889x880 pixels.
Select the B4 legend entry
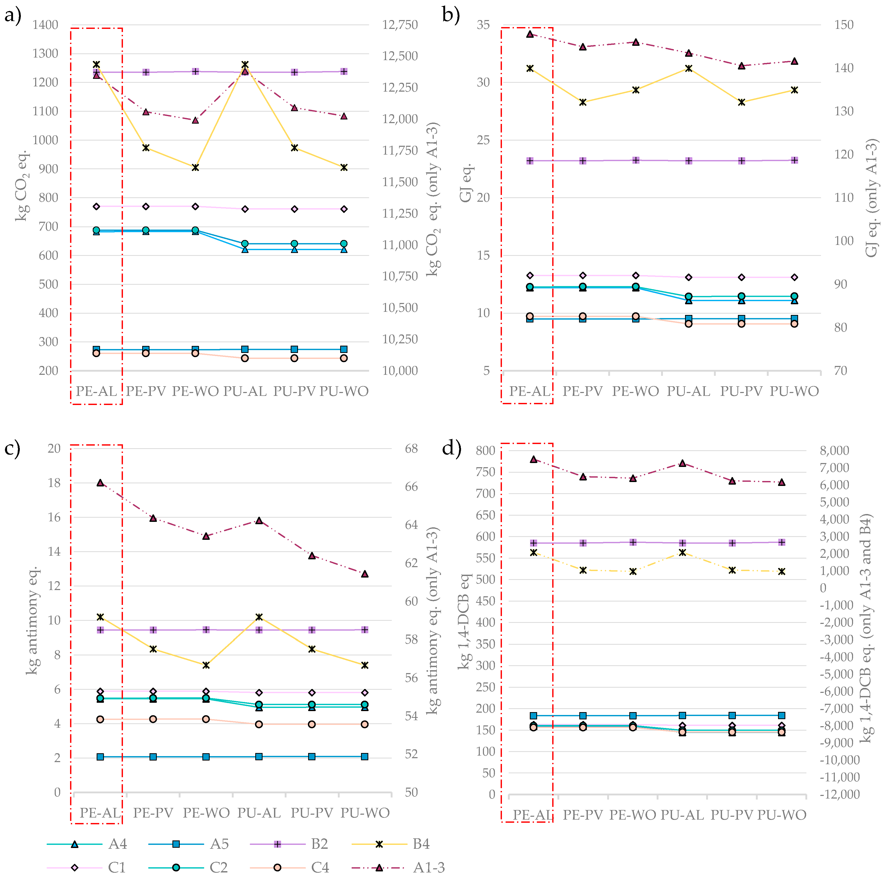point(421,844)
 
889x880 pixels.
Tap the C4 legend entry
point(320,868)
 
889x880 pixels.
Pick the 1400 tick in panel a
point(45,25)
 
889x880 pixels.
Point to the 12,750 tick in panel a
point(399,25)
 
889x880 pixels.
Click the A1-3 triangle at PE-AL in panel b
point(530,34)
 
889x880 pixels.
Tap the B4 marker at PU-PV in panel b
point(741,102)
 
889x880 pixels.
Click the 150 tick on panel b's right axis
point(844,25)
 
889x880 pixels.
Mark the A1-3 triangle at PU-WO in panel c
point(365,574)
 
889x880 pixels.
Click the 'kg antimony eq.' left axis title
point(32,621)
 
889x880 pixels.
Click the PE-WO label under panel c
point(206,813)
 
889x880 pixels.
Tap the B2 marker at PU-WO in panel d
point(782,542)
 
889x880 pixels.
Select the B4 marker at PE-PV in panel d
point(583,570)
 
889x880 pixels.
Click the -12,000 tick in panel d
point(839,794)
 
